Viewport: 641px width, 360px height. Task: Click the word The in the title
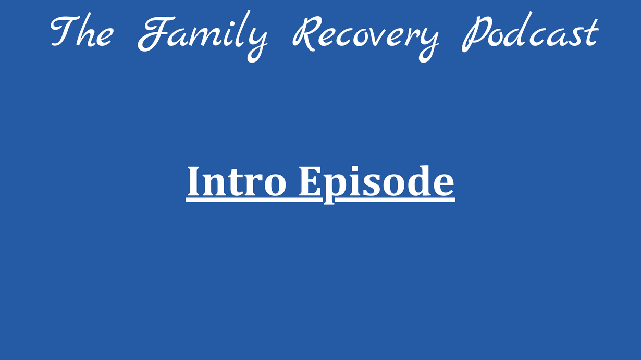82,31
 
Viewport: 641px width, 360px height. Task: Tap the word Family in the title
203,36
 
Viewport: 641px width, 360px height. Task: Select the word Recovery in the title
365,39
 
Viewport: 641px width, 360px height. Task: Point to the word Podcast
530,32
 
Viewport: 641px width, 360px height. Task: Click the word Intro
237,181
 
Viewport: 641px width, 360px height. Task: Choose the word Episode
377,184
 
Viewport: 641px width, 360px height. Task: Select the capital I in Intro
194,181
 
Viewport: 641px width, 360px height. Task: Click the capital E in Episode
309,181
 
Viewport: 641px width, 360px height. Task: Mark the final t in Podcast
591,33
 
